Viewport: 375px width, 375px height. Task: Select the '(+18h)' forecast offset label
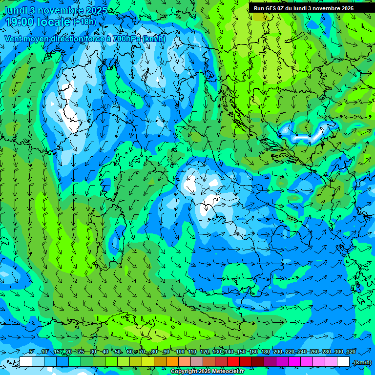[84, 21]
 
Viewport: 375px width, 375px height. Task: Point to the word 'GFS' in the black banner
[271, 8]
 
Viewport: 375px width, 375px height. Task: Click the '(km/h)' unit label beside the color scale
[362, 362]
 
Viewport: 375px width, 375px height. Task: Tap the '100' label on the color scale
[180, 352]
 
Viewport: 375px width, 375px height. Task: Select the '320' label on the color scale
[351, 352]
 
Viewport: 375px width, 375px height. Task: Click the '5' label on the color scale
[32, 352]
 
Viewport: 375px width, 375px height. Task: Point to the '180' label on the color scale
[265, 352]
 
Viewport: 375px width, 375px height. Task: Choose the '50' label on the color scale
[118, 352]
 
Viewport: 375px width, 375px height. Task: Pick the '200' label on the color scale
[277, 352]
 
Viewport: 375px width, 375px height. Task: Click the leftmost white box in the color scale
[26, 362]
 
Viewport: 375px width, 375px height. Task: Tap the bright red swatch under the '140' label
[233, 362]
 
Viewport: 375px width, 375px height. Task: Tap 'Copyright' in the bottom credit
[184, 372]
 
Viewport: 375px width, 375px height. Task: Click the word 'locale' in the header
[53, 22]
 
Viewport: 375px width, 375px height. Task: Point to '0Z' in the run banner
[281, 8]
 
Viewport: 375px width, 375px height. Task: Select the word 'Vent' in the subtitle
[13, 39]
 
